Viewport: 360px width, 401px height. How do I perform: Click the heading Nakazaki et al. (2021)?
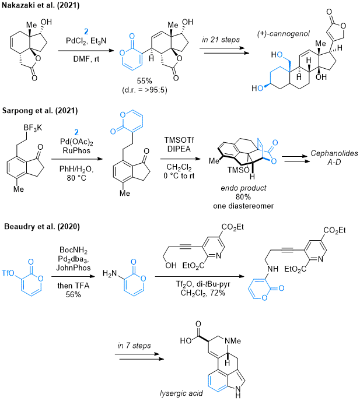pos(41,5)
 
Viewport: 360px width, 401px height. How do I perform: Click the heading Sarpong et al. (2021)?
pos(40,111)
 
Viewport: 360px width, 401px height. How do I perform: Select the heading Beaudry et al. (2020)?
pos(42,227)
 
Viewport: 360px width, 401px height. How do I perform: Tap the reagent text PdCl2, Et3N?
pos(86,41)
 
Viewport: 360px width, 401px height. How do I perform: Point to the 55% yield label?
pos(145,81)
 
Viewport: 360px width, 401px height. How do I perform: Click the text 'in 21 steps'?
pos(221,40)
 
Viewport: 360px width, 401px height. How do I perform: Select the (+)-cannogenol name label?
pos(284,34)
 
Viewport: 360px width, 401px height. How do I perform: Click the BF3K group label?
pos(33,128)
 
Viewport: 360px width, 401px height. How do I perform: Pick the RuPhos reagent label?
pos(76,150)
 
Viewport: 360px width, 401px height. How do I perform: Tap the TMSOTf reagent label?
pos(179,140)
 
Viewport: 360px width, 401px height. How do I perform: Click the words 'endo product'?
pos(243,188)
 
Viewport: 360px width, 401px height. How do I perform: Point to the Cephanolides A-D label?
pos(334,157)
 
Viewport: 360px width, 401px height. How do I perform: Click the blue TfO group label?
pos(8,273)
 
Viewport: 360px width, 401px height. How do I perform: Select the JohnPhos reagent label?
pos(74,268)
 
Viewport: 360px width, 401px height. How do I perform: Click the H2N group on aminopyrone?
pos(110,273)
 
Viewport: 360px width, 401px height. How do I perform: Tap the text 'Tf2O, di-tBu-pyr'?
pos(203,284)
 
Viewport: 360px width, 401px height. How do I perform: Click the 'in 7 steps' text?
pos(134,346)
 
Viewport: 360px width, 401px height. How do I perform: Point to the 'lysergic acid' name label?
pos(181,393)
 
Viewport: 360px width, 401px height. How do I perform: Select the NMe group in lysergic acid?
pos(233,341)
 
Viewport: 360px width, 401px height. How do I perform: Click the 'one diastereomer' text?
pos(243,206)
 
